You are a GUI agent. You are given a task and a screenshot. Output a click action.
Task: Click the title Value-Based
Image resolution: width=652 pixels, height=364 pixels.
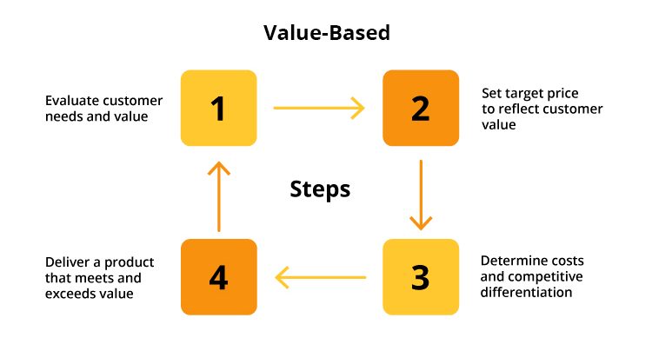click(x=326, y=34)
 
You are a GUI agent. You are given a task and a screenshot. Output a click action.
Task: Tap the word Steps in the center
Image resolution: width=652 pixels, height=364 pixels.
click(x=320, y=189)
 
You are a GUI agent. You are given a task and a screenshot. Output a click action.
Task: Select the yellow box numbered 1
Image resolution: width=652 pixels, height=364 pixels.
click(x=218, y=109)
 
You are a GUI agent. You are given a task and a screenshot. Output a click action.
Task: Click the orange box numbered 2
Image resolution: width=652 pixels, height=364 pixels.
click(x=421, y=109)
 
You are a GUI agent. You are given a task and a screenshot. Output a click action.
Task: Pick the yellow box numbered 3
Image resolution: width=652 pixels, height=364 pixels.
click(x=421, y=277)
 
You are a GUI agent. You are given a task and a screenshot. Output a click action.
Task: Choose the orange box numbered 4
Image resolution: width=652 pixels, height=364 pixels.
click(x=218, y=277)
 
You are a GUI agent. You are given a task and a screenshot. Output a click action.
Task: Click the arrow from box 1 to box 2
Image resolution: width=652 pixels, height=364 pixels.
click(x=319, y=109)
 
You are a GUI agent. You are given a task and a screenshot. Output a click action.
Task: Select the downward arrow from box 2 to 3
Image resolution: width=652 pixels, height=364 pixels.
click(x=421, y=194)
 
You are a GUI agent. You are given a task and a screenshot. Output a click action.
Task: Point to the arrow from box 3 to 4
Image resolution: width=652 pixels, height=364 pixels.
click(x=319, y=278)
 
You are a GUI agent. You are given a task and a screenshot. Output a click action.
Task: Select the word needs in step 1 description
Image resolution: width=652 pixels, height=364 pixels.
click(x=63, y=116)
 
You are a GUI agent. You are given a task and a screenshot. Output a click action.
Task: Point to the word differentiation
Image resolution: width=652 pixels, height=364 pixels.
click(x=527, y=293)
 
